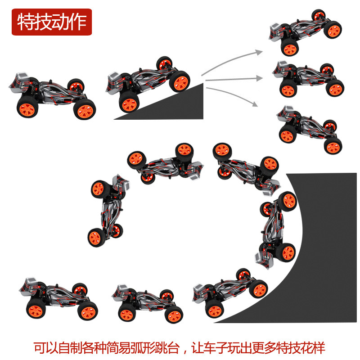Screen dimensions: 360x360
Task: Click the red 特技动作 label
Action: pyautogui.click(x=52, y=22)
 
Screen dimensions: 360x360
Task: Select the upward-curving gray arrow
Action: pyautogui.click(x=232, y=60)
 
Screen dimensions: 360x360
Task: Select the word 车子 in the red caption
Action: pyautogui.click(x=216, y=348)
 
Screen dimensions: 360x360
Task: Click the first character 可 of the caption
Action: pyautogui.click(x=40, y=348)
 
